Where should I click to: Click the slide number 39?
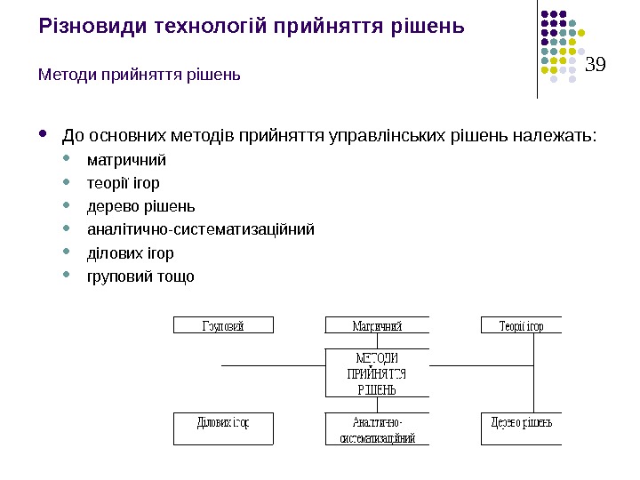(x=596, y=64)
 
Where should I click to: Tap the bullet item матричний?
(x=126, y=161)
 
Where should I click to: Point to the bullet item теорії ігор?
(x=124, y=184)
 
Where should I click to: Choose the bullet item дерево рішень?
(x=140, y=207)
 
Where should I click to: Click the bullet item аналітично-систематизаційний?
(x=201, y=230)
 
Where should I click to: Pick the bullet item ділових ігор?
(x=130, y=253)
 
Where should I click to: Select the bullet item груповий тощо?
(x=140, y=276)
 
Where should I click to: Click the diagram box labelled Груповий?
(x=222, y=326)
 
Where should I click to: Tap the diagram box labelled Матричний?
(x=377, y=326)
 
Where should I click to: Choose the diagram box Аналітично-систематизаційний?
(x=377, y=430)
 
